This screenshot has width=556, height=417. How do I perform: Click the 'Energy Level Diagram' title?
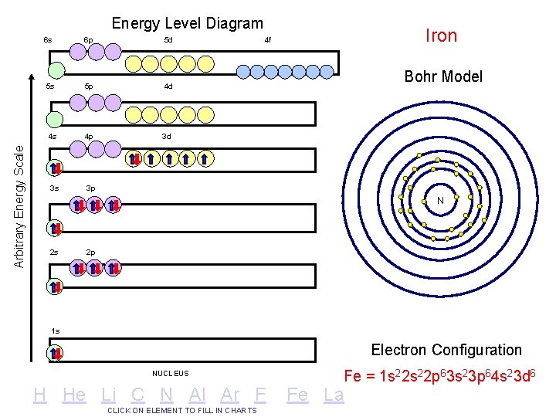point(187,24)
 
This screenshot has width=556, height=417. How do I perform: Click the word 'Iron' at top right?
point(442,36)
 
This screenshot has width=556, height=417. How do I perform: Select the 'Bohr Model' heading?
point(443,76)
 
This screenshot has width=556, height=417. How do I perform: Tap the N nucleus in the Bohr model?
point(440,201)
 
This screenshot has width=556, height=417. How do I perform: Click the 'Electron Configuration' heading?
point(446,350)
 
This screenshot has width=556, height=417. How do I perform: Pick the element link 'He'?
point(74,395)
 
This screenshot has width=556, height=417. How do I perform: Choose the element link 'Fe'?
point(297,395)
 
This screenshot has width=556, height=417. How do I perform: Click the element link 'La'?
point(334,395)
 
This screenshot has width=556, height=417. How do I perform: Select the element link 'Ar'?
point(230,395)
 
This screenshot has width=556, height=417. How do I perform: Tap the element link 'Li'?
point(109,395)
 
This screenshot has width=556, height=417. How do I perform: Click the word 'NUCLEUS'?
point(171,374)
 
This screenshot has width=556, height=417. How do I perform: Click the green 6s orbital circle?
point(55,70)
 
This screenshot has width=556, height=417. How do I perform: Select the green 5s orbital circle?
point(55,119)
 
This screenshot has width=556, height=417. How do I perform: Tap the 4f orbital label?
point(268,39)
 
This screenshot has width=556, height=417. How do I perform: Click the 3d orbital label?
point(166,137)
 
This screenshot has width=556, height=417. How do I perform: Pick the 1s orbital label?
point(55,331)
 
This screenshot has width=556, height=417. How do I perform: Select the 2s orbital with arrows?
point(55,286)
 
